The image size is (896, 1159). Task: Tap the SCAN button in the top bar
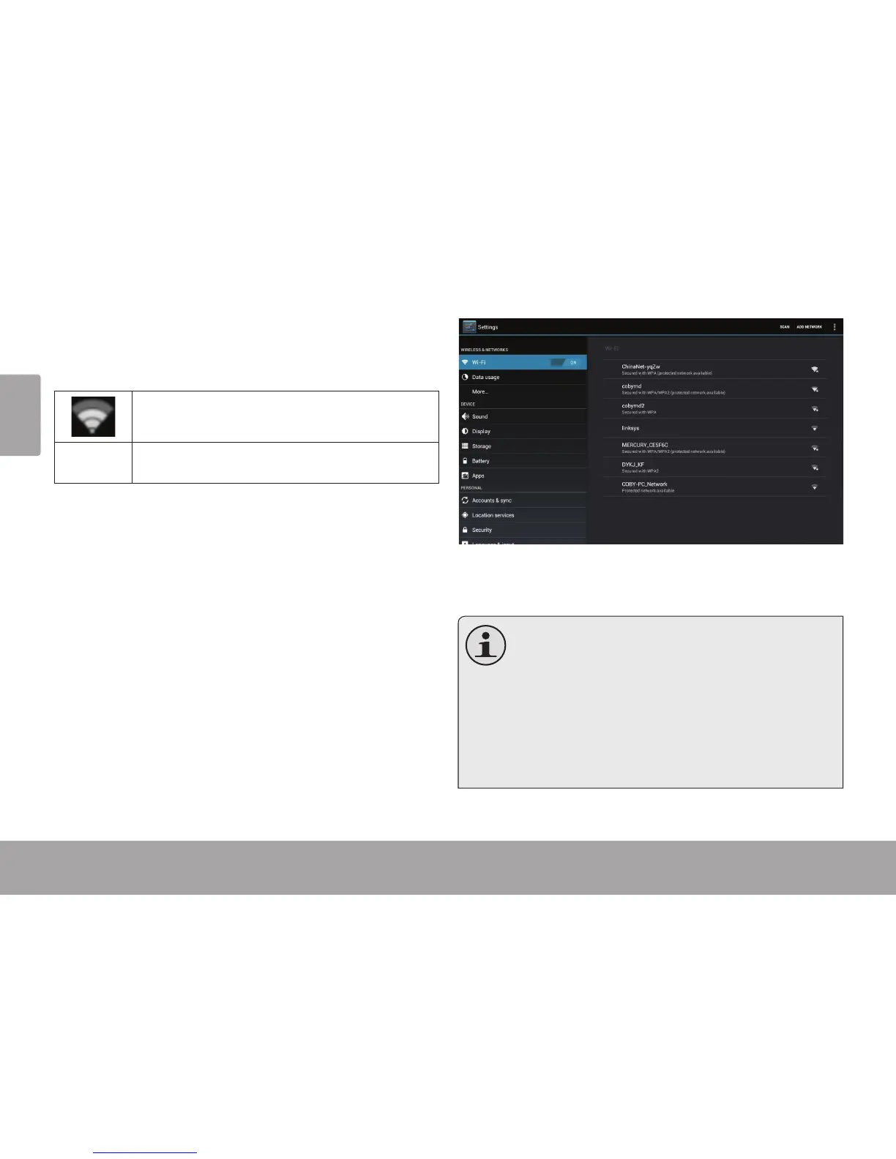[784, 327]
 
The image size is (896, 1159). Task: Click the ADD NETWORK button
[809, 327]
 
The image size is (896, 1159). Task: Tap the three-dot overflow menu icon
[835, 327]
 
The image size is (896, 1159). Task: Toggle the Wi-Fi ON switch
[567, 362]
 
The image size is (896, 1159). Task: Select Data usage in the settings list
[485, 378]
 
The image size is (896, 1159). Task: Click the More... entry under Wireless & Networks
[480, 392]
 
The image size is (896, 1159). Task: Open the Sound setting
[479, 416]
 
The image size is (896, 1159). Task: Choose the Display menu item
[481, 432]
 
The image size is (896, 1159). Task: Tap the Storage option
[481, 446]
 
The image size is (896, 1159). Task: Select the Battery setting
[480, 461]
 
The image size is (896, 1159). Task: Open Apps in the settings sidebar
[478, 476]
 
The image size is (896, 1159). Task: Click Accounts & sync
[491, 500]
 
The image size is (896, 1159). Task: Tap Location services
[493, 515]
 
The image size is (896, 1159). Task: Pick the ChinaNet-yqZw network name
[641, 367]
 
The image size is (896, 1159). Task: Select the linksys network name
[630, 428]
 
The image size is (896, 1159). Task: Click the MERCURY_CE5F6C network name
[644, 445]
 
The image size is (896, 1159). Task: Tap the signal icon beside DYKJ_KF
[814, 468]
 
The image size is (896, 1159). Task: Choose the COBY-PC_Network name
[644, 484]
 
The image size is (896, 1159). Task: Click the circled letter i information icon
[485, 645]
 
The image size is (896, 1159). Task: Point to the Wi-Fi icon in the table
[93, 416]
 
